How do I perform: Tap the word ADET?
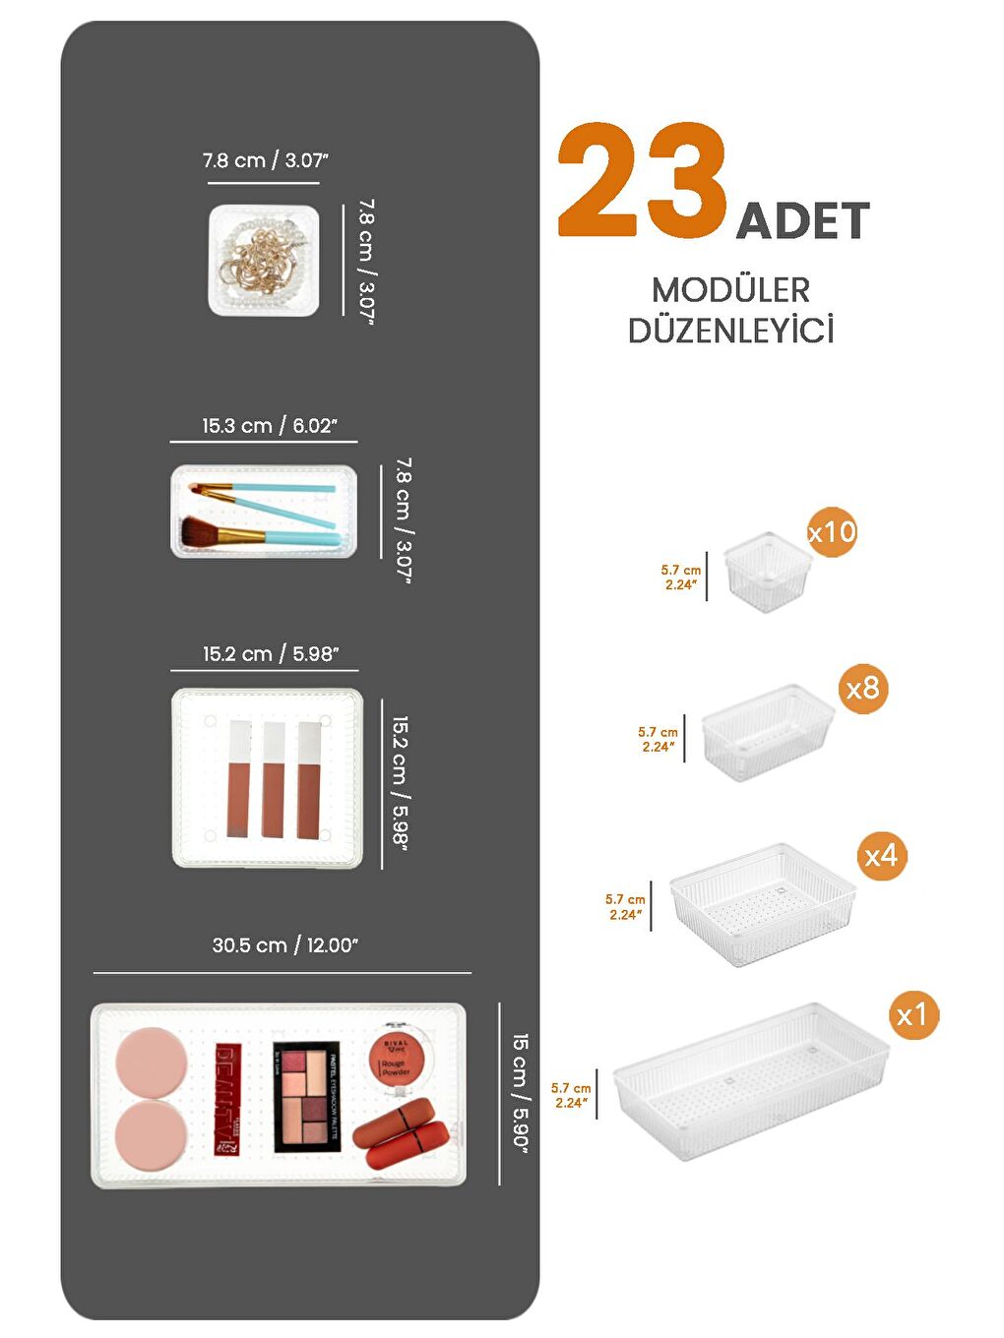(x=803, y=220)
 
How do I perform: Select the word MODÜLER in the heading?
(x=730, y=290)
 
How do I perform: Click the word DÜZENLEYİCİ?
(x=730, y=331)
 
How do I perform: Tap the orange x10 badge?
(x=832, y=532)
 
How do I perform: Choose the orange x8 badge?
(x=862, y=688)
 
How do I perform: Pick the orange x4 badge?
(x=880, y=855)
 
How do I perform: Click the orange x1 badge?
(x=912, y=1014)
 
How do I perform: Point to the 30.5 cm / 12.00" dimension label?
(x=285, y=945)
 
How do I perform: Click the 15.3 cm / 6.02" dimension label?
(x=270, y=426)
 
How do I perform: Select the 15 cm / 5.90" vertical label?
(x=521, y=1092)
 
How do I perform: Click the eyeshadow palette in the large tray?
(x=307, y=1096)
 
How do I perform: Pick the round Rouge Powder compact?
(x=402, y=1057)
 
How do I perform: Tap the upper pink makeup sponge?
(x=151, y=1061)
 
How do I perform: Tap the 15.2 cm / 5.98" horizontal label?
(x=271, y=654)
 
